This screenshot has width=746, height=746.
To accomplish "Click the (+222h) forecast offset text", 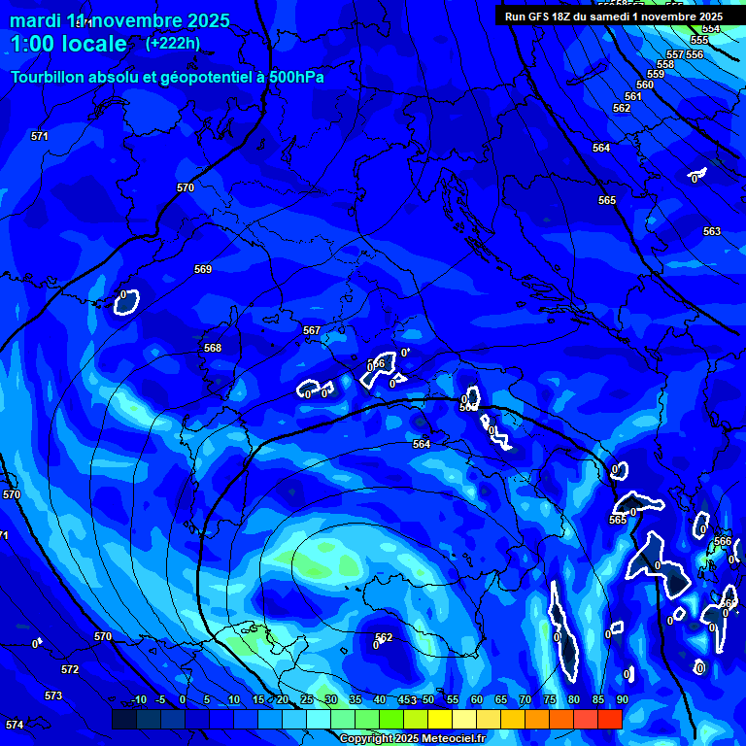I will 173,43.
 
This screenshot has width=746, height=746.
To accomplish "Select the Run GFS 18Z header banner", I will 613,17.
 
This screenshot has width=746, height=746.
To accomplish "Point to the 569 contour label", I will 203,269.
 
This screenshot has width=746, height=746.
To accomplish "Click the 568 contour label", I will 213,348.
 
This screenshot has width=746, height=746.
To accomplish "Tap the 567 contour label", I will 312,331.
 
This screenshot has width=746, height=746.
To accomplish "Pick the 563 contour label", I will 712,231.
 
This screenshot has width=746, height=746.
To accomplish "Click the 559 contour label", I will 656,75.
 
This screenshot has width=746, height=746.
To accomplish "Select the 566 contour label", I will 723,541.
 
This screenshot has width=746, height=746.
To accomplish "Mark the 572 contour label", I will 70,670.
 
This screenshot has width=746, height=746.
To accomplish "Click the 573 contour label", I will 53,696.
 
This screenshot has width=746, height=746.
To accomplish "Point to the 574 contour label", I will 14,726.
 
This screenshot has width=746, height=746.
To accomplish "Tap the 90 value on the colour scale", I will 622,700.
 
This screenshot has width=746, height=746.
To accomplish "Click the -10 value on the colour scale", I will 139,700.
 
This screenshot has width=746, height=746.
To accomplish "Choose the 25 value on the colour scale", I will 306,700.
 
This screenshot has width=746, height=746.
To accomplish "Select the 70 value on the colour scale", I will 526,700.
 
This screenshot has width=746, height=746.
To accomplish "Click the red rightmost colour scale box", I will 610,719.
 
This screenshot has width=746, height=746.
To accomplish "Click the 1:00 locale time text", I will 68,44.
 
